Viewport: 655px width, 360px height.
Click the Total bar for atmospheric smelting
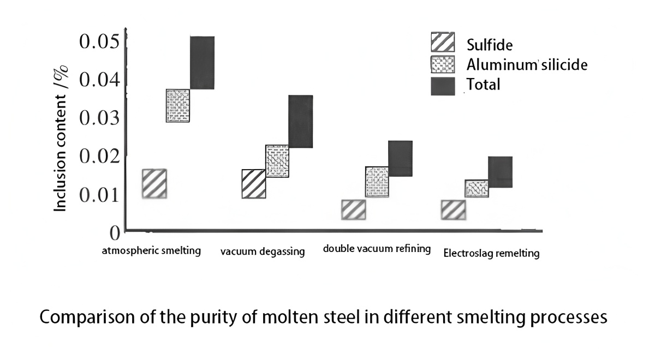coord(202,63)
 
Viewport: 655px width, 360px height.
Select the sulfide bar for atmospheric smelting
coord(154,183)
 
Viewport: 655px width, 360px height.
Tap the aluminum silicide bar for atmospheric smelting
coord(178,105)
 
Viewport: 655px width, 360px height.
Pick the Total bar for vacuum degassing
coord(300,121)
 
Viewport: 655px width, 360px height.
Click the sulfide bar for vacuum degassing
coord(253,184)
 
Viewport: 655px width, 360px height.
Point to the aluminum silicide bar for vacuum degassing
coord(277,161)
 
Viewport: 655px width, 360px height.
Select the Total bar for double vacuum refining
coord(400,158)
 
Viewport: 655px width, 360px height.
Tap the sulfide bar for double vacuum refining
coord(353,210)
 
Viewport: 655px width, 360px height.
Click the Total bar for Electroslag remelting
coord(500,172)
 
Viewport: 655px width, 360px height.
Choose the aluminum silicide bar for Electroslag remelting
coord(477,188)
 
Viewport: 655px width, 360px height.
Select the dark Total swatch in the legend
coord(442,86)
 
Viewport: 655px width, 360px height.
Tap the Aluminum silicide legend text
coord(527,65)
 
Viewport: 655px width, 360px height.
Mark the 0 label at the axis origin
coord(114,233)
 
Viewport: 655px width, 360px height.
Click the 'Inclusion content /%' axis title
coord(61,138)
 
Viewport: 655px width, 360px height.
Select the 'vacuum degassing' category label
coord(263,252)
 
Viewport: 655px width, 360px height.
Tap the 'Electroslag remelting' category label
coord(491,254)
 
